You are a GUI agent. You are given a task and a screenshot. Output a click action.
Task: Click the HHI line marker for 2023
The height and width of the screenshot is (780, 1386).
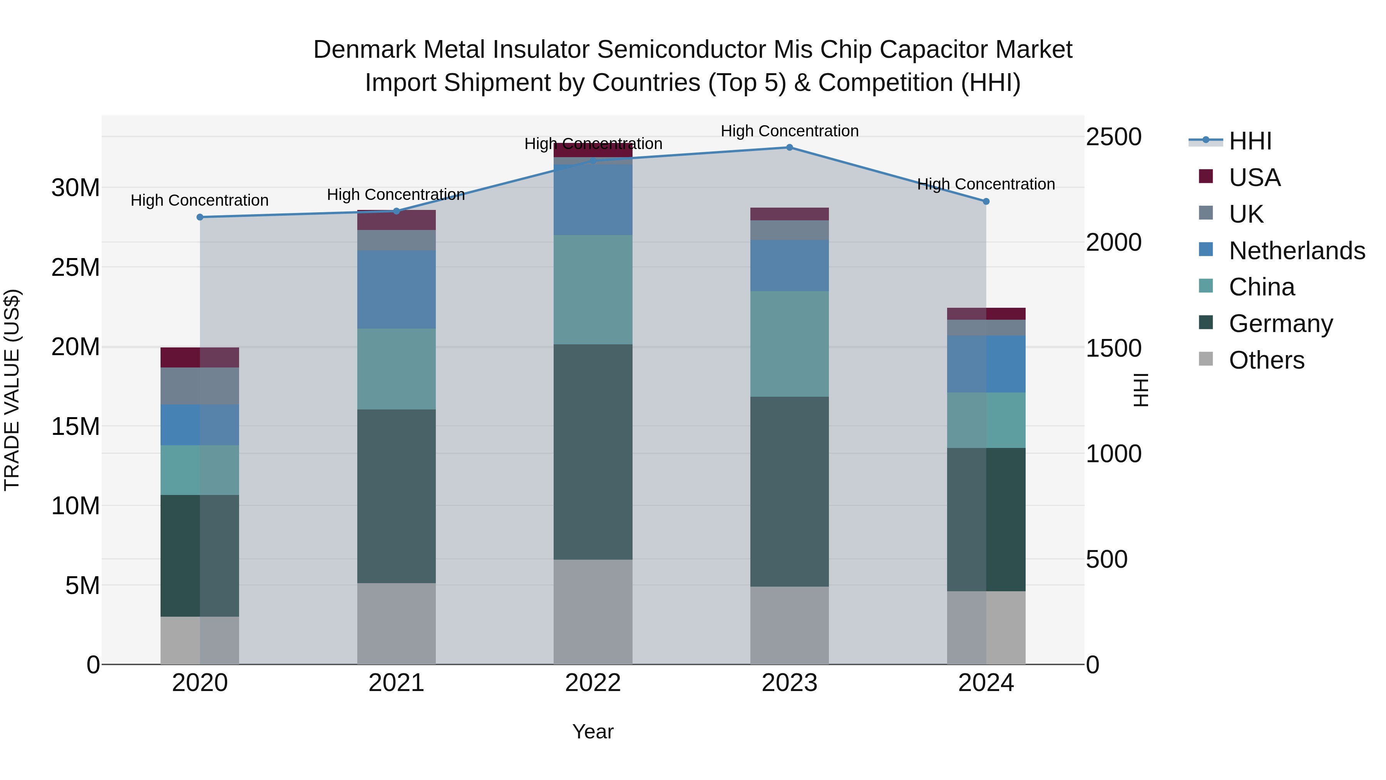coord(789,148)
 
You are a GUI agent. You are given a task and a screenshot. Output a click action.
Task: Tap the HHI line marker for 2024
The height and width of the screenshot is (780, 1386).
coord(986,202)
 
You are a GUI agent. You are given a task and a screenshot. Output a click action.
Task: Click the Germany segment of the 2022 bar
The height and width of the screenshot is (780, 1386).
coord(593,452)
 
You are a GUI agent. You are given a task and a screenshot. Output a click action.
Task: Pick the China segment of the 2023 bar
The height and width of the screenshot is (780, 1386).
coord(789,344)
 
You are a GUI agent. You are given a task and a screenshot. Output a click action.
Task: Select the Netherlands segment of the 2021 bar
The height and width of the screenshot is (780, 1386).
coord(396,290)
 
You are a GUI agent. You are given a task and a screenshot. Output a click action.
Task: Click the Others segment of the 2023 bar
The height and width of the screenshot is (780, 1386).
coord(789,626)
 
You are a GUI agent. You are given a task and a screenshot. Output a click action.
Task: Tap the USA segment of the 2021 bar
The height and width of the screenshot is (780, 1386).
coord(396,220)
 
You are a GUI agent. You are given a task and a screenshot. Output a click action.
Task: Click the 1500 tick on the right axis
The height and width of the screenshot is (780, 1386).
coord(1113,348)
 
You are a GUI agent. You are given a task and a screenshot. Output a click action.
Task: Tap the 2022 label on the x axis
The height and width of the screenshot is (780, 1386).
coord(593,683)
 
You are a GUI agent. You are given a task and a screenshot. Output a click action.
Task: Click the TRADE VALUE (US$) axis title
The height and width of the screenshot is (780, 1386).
coord(12,390)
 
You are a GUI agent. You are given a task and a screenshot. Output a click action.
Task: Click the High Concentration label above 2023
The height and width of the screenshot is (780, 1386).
coord(789,131)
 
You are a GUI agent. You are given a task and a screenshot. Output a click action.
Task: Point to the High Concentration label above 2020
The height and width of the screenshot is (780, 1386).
coord(199,200)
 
